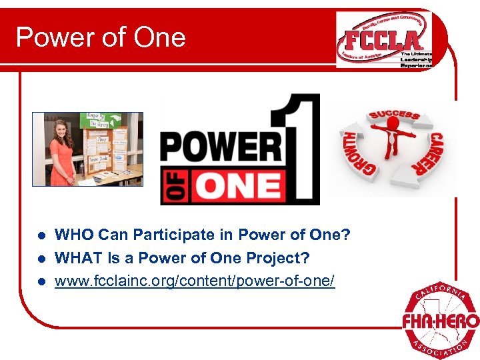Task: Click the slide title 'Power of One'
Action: [101, 37]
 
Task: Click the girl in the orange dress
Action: [63, 153]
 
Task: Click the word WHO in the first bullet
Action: [75, 235]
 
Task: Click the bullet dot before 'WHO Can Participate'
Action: [41, 235]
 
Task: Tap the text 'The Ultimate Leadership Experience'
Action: [416, 60]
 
